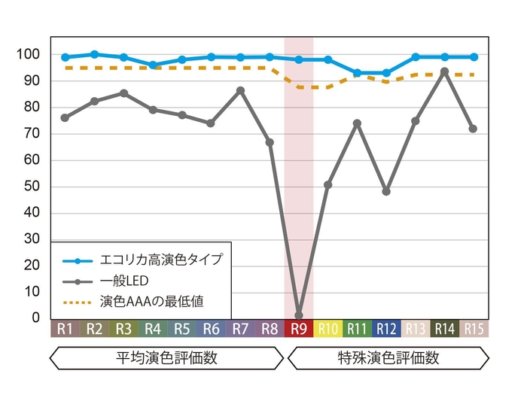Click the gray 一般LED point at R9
click(299, 315)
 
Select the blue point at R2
click(94, 54)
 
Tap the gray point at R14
click(445, 71)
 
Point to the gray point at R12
click(386, 191)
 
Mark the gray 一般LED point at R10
click(328, 184)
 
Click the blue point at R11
click(357, 73)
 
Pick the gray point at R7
click(240, 90)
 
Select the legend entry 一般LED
click(124, 281)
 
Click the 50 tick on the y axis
click(31, 187)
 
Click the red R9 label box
click(299, 329)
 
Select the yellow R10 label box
click(328, 329)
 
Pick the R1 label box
click(65, 329)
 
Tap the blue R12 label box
click(386, 329)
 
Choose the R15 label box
click(474, 329)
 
